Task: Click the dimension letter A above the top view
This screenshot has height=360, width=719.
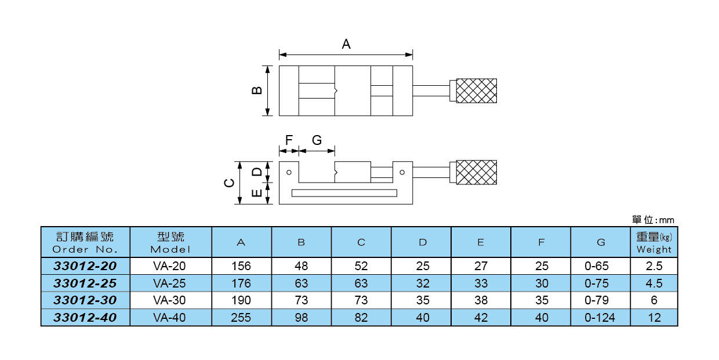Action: click(346, 44)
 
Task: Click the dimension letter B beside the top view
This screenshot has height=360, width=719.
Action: click(257, 90)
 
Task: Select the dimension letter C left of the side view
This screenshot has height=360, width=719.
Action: click(230, 183)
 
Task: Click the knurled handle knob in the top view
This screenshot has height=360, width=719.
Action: click(476, 90)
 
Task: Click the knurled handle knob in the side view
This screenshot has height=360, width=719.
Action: click(476, 172)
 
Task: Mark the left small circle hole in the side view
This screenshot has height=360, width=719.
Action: click(289, 172)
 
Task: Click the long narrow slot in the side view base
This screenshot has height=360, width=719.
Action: click(344, 193)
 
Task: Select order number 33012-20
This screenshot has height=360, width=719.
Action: click(85, 267)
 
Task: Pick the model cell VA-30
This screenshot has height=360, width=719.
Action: click(170, 300)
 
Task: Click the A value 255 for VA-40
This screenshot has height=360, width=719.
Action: click(241, 318)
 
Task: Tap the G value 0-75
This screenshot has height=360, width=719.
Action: click(600, 283)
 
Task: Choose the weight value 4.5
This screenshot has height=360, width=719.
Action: click(654, 283)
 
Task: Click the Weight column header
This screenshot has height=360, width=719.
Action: click(654, 243)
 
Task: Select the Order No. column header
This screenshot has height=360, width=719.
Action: click(85, 243)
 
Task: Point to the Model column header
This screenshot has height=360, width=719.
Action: click(170, 243)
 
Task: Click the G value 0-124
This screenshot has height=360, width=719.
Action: click(600, 318)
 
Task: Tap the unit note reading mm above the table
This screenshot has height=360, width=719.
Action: click(653, 220)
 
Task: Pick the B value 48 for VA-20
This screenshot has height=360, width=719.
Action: click(301, 267)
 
